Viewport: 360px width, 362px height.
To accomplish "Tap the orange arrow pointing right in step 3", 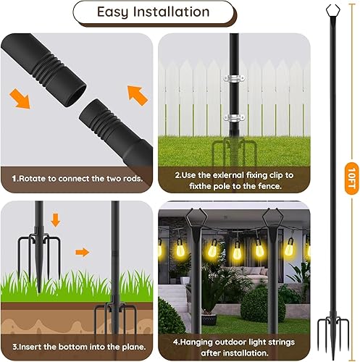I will click(x=84, y=253).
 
